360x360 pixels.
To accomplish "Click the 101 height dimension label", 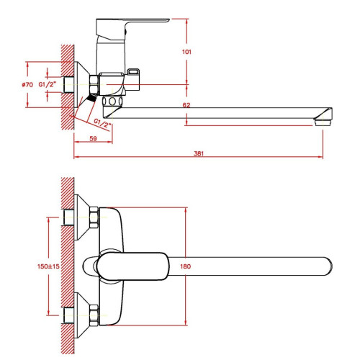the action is (186, 52).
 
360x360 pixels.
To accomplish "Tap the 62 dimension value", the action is (186, 105).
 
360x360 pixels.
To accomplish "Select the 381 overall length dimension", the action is (199, 153).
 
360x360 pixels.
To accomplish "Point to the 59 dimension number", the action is (93, 138).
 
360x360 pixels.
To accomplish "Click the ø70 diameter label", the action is (27, 84).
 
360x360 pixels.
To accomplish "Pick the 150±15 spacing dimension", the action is (48, 266).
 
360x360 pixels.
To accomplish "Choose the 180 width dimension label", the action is (186, 266).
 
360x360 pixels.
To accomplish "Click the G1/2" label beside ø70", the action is (48, 84).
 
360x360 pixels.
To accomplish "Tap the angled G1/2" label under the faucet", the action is (102, 123).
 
